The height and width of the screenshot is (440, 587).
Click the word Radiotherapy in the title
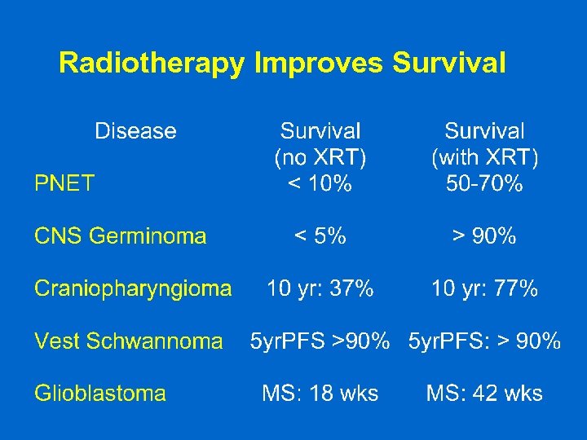pos(152,63)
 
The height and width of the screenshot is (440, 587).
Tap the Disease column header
pos(135,131)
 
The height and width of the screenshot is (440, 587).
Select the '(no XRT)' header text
pos(320,157)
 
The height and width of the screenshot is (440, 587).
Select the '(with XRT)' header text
pos(484,157)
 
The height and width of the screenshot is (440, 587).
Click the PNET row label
pos(64,183)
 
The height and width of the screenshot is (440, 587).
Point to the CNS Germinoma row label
pos(120,236)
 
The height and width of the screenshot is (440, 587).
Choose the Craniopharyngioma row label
pos(133,288)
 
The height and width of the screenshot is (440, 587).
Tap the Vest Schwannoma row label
pos(128,341)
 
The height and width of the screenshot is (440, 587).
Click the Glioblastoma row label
pos(99,394)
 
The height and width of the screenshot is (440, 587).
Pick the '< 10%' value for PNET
pos(320,183)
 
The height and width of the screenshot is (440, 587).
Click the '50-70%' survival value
pos(484,183)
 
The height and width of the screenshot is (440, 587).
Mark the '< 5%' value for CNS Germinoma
pos(320,236)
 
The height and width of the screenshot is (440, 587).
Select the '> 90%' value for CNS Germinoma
pos(484,236)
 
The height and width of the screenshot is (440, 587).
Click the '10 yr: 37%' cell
pos(320,288)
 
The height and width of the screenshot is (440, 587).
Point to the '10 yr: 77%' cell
pos(484,288)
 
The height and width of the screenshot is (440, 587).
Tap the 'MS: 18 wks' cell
pos(320,394)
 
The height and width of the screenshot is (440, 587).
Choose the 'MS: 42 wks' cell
pos(484,394)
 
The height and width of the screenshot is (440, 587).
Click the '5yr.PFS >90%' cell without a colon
pos(320,341)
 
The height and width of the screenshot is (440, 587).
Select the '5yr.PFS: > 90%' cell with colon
pos(484,341)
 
